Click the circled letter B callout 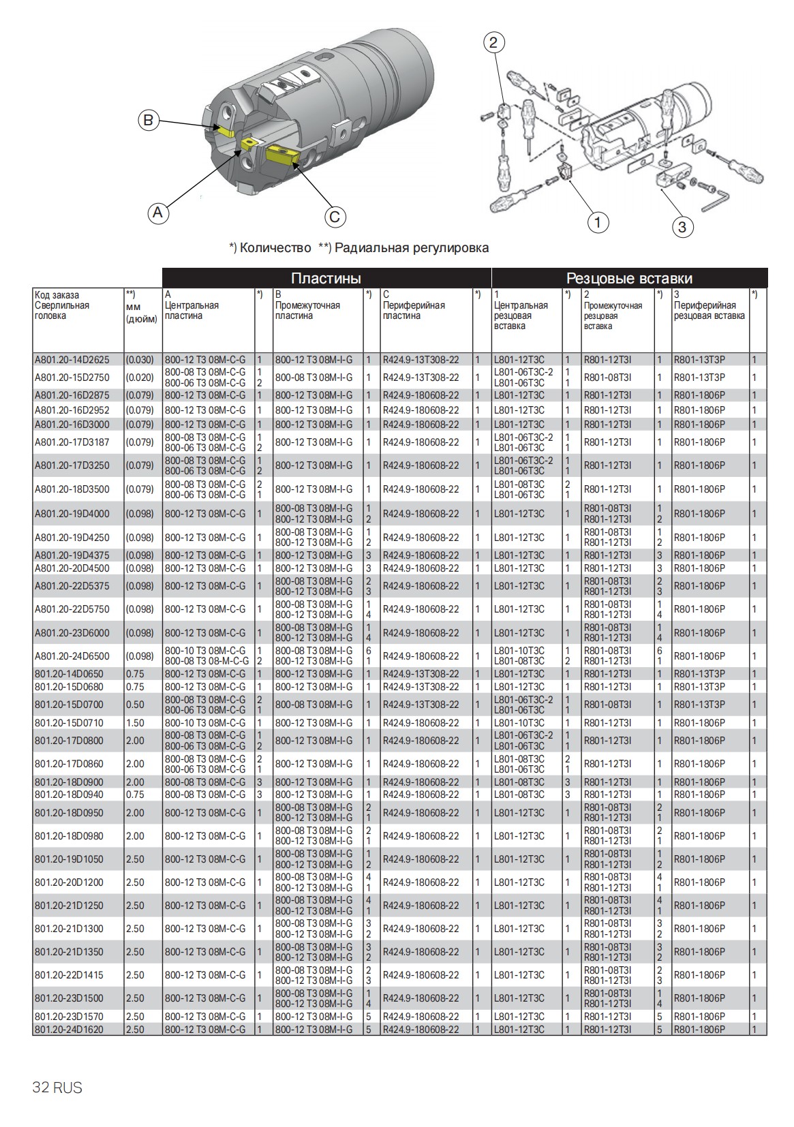[148, 121]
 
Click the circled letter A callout [158, 213]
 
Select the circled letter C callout [334, 217]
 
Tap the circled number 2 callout [494, 42]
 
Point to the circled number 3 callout [683, 226]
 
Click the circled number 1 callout [598, 222]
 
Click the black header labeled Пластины [326, 278]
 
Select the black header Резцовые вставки [629, 278]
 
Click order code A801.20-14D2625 [72, 360]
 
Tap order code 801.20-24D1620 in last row [69, 1030]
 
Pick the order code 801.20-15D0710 [69, 722]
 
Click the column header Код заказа [57, 295]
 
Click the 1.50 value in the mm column [135, 722]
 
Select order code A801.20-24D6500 [72, 656]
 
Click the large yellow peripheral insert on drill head [281, 155]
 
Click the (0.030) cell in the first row [140, 360]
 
